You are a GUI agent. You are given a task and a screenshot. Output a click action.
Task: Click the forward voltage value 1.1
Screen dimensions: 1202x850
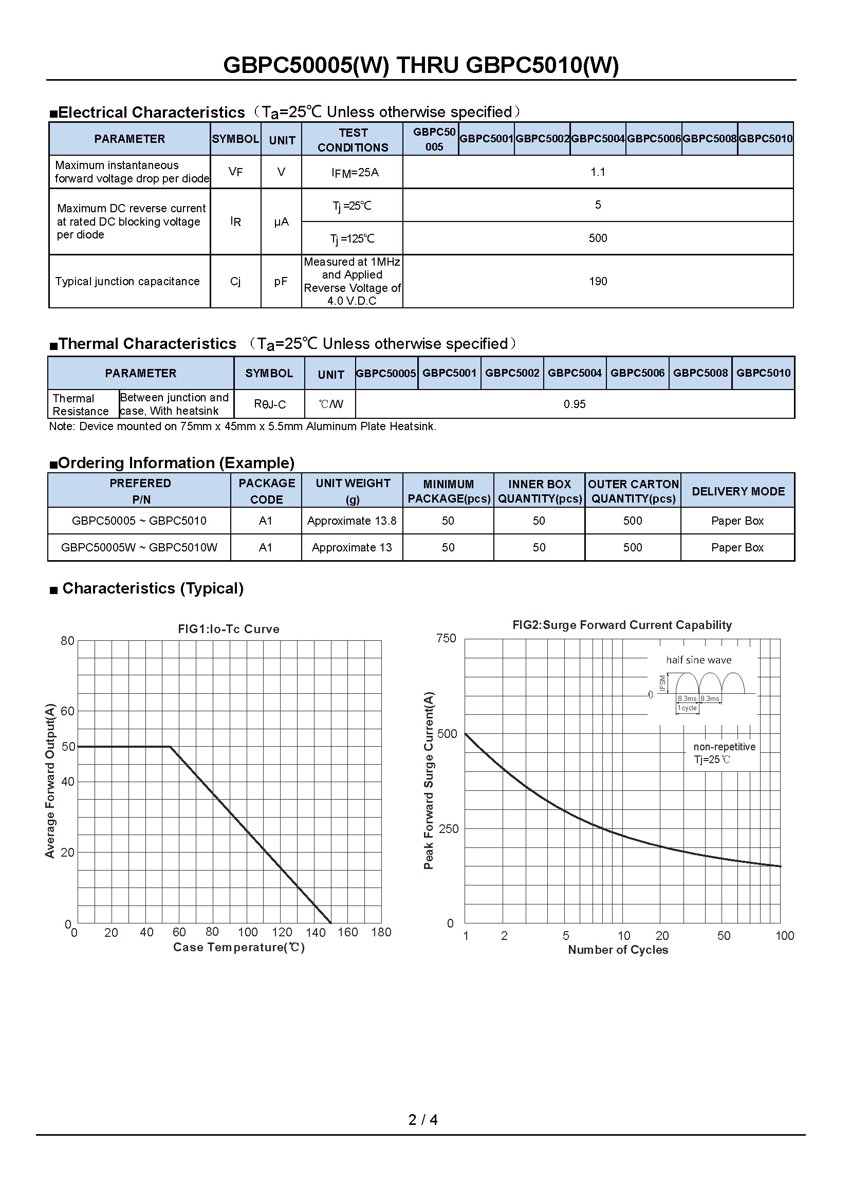click(x=598, y=172)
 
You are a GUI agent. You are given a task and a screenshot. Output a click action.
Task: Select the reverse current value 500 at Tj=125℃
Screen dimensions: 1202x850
click(x=598, y=238)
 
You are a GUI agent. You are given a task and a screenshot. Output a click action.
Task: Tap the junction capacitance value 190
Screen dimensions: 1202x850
click(x=598, y=282)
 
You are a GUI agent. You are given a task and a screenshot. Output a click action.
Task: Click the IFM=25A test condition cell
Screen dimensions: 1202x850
click(x=355, y=172)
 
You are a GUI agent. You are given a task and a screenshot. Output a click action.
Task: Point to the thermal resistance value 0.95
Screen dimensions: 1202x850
click(x=574, y=404)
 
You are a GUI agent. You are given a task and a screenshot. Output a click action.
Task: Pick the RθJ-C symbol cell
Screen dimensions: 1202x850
click(x=270, y=404)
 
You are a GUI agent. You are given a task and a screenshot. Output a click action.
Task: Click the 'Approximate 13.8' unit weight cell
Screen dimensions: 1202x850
click(x=352, y=521)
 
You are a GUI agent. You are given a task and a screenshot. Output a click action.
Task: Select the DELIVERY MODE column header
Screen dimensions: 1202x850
click(x=738, y=491)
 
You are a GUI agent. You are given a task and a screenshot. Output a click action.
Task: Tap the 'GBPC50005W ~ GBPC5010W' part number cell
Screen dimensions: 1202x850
click(x=139, y=548)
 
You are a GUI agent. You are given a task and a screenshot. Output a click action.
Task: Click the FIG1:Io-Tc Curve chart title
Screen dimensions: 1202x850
click(x=229, y=628)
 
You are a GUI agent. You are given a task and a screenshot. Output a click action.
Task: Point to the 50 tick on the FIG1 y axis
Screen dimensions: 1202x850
click(x=68, y=747)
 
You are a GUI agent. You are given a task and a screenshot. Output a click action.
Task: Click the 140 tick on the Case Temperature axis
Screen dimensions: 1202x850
click(x=316, y=932)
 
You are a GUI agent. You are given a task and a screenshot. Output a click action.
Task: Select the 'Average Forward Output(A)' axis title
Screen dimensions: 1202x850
click(x=50, y=781)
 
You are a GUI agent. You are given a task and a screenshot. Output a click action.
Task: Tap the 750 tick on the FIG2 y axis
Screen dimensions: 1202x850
click(x=446, y=638)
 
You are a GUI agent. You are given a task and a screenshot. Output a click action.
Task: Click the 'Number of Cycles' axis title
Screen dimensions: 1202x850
click(x=618, y=950)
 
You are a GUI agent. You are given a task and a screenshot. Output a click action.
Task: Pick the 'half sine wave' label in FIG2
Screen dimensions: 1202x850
click(x=698, y=660)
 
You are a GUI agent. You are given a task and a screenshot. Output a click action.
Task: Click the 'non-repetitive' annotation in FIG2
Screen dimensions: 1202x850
click(x=725, y=747)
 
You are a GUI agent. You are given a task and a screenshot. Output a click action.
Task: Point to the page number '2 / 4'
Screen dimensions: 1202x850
click(x=423, y=1119)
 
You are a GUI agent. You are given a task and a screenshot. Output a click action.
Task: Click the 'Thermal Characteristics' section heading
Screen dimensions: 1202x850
click(x=147, y=344)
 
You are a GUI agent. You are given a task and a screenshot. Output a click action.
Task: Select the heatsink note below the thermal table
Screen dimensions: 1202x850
click(x=243, y=427)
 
